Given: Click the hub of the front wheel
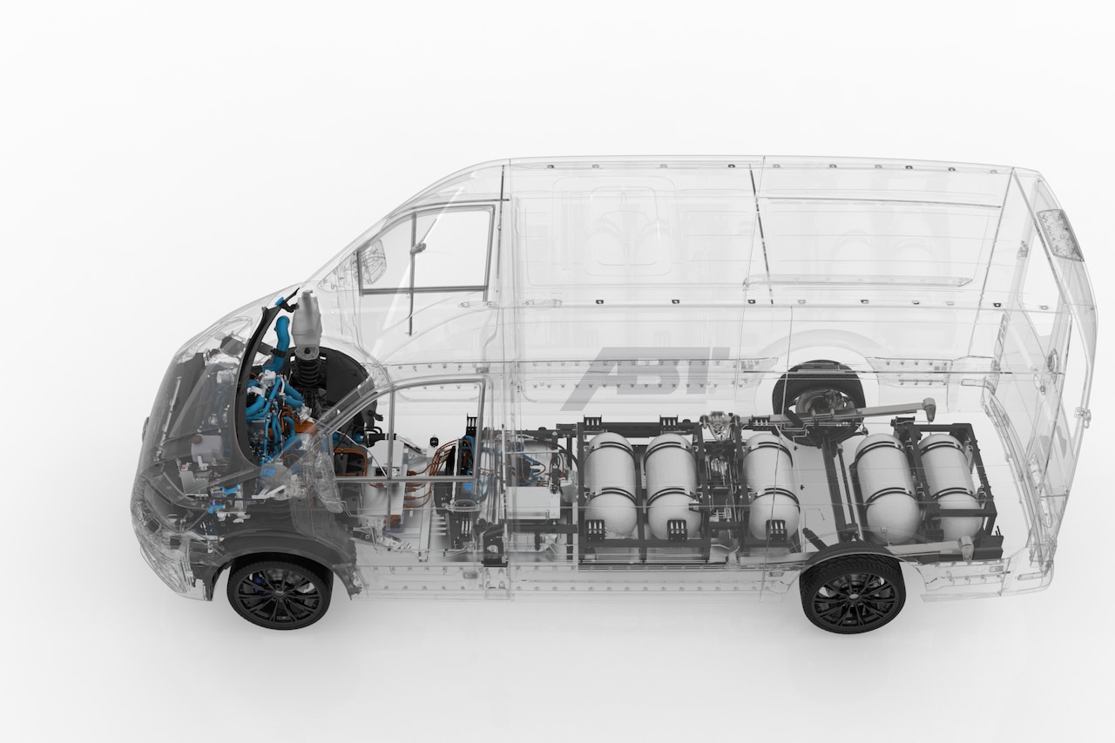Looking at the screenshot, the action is [x=280, y=595].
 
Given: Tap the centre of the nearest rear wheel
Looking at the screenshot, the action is [x=852, y=595].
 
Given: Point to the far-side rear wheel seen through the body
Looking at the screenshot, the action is [x=817, y=395].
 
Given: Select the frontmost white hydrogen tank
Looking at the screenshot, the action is [x=611, y=484].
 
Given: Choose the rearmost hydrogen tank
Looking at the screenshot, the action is [x=949, y=484].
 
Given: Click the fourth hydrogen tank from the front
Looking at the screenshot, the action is [x=888, y=490].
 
